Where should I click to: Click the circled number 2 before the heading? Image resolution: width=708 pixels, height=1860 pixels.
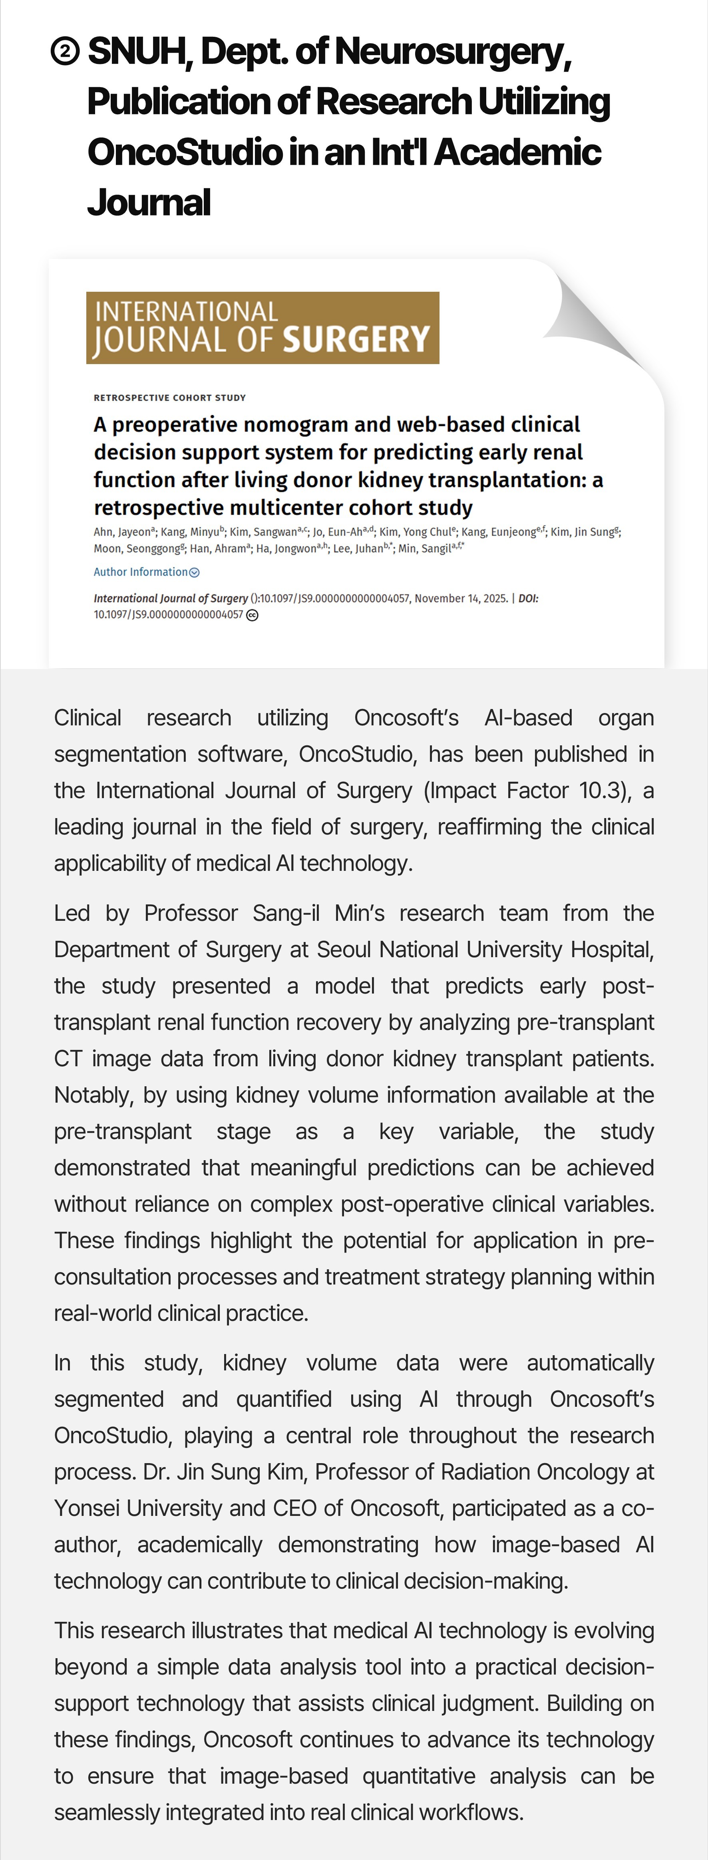(x=66, y=52)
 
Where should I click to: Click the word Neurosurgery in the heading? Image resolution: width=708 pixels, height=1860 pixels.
(x=453, y=52)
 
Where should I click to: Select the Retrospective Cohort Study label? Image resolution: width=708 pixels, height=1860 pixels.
(x=169, y=398)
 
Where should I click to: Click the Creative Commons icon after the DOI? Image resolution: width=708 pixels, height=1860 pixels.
(x=252, y=615)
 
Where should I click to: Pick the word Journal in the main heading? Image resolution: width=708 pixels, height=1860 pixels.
(x=149, y=203)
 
